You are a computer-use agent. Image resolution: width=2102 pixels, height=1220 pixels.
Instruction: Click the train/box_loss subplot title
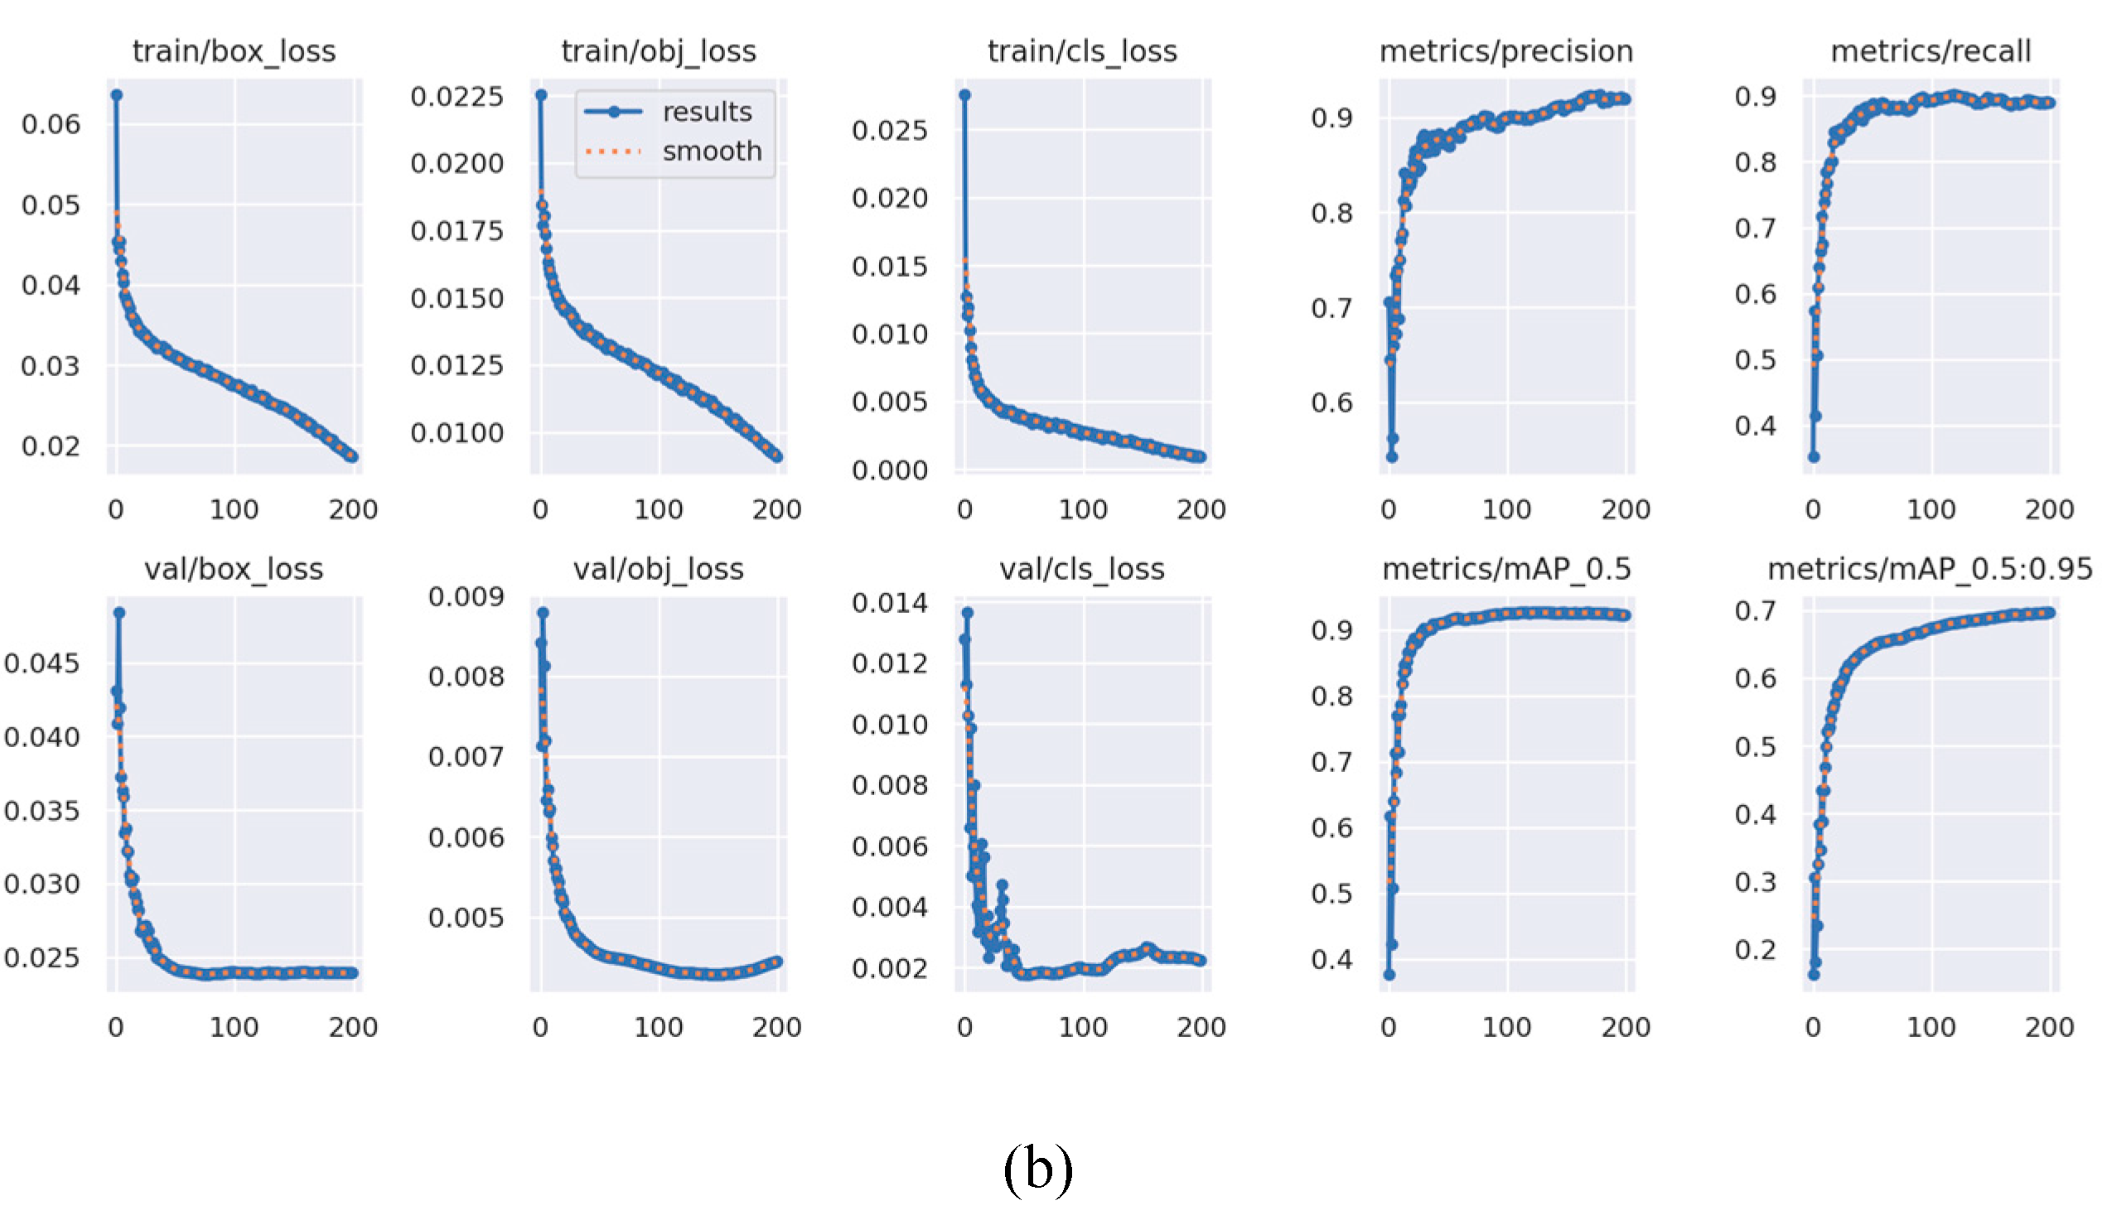point(234,51)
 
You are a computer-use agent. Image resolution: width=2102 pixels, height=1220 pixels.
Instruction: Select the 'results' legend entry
point(707,112)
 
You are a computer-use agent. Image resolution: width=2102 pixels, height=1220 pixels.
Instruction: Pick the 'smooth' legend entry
point(712,151)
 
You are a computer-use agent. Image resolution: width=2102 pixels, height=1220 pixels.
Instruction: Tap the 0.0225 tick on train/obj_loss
point(457,97)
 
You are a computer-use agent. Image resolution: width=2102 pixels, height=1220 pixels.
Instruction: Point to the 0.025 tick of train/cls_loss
point(889,130)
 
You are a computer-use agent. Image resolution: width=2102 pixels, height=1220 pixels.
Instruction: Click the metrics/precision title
point(1505,51)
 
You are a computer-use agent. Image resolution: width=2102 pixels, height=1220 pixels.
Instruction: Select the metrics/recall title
point(1930,51)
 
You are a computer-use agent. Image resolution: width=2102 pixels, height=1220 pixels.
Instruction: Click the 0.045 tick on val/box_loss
point(41,663)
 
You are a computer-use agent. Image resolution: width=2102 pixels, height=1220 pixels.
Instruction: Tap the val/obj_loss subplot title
point(658,570)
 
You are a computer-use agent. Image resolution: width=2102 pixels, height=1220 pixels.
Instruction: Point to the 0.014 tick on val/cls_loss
point(889,603)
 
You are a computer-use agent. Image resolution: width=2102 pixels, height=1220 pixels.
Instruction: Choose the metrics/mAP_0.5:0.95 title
point(1930,570)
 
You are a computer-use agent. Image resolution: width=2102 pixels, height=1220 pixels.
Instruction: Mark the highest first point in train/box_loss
point(117,95)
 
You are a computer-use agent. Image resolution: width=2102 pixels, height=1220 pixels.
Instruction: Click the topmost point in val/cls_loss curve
point(968,613)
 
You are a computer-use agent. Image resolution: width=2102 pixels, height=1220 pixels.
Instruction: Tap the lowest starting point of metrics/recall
point(1814,457)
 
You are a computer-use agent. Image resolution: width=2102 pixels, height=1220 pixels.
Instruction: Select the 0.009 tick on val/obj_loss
point(466,597)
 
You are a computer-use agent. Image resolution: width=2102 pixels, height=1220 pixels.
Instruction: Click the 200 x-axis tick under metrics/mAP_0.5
point(1625,1027)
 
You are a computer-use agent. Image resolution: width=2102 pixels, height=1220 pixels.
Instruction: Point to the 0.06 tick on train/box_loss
point(51,125)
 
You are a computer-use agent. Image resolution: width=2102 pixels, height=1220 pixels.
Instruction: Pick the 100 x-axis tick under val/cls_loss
point(1083,1027)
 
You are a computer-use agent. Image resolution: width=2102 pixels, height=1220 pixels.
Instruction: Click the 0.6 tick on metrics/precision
point(1331,403)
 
